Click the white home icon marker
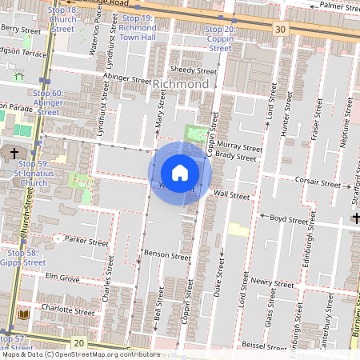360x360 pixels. tap(180, 172)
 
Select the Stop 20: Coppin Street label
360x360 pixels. tap(219, 38)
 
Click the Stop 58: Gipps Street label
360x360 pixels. tap(20, 257)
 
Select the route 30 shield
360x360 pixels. tap(279, 30)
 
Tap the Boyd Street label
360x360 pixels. tap(288, 218)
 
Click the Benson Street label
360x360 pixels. tap(166, 257)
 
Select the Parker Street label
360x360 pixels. tap(86, 240)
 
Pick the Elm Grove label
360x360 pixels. tap(63, 278)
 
